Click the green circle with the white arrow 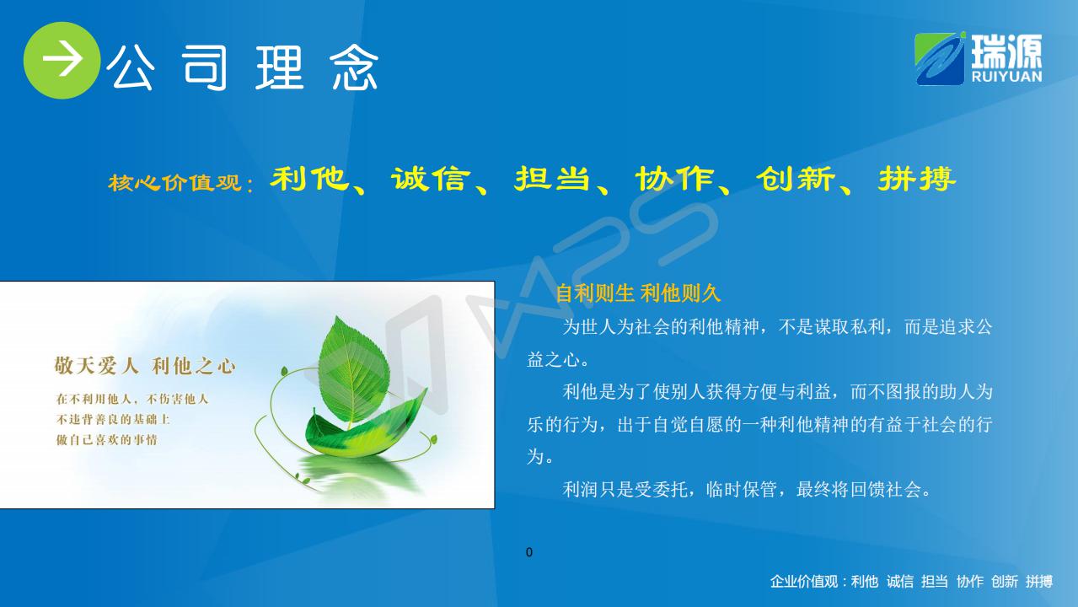point(62,60)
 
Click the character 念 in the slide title point(355,67)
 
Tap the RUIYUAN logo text point(1006,76)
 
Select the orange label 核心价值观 point(174,182)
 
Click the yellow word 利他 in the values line point(310,179)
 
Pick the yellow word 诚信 point(431,179)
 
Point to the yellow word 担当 point(552,179)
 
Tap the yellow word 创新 point(796,179)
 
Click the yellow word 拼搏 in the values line point(917,179)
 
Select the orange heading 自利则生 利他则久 point(638,293)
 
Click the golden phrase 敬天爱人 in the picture point(96,365)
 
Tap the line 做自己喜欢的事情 point(107,439)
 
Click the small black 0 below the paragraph point(529,552)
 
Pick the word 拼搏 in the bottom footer point(1039,582)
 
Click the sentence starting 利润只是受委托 point(748,490)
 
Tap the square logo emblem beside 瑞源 point(940,59)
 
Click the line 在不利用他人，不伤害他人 point(131,399)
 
